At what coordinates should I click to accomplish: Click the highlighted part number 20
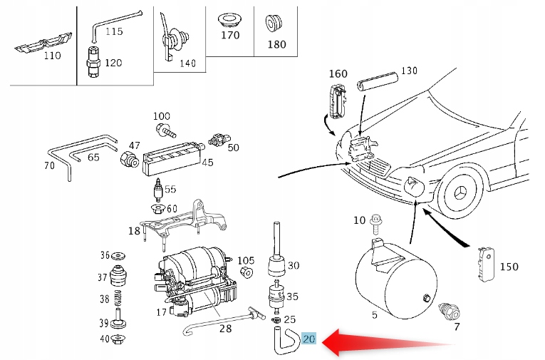point(309,339)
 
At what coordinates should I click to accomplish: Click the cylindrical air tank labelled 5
point(396,279)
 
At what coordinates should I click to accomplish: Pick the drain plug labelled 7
point(450,312)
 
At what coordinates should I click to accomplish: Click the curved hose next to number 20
point(286,341)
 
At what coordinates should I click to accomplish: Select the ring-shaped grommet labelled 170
point(229,20)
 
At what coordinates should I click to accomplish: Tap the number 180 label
point(276,44)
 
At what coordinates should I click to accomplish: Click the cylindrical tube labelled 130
point(378,81)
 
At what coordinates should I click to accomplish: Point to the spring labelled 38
point(118,297)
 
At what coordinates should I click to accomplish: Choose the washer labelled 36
point(118,257)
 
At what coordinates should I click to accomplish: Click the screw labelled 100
point(166,130)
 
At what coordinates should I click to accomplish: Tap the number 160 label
point(338,73)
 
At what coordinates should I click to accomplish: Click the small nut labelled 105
point(246,272)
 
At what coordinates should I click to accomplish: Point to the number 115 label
point(114,31)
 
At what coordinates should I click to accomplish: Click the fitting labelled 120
point(93,61)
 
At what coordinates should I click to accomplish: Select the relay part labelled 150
point(487,264)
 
